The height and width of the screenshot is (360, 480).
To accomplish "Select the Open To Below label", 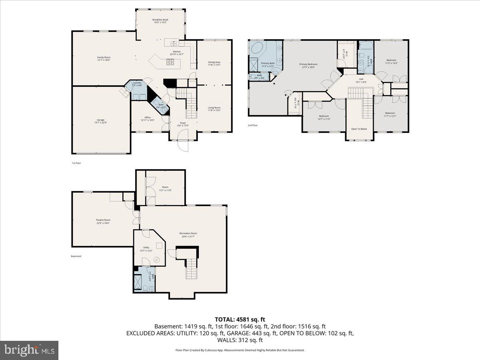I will pos(359,129).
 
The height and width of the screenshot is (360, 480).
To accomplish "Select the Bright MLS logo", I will pos(29,350).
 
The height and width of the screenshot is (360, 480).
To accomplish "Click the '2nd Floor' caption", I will pos(252,125).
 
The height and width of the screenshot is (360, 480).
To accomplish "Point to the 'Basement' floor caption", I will pos(76,256).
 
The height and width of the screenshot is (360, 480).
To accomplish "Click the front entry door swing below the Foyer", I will pos(183,146).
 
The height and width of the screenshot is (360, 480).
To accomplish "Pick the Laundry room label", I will pos(137,84).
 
